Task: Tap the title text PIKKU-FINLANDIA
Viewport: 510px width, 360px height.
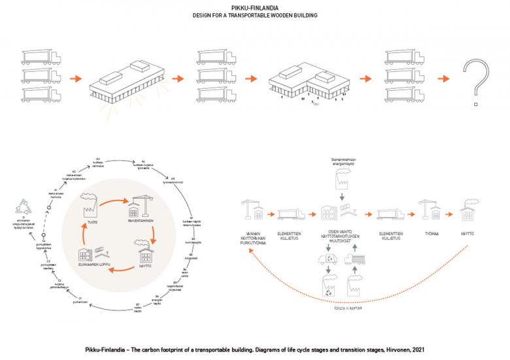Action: (x=255, y=7)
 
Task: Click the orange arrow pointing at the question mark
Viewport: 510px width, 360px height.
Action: (x=444, y=78)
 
